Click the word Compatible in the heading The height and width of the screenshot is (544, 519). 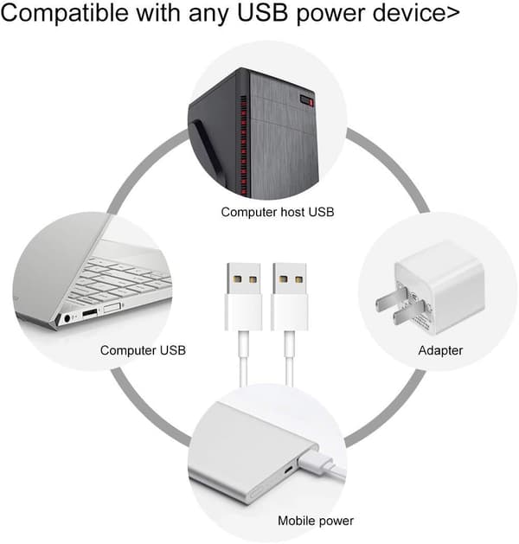tap(65, 13)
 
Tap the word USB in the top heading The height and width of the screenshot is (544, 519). tap(263, 12)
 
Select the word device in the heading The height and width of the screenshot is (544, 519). tap(407, 12)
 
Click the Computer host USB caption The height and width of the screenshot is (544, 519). tap(277, 212)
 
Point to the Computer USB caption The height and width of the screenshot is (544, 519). tap(143, 350)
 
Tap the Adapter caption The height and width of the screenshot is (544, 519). tap(440, 350)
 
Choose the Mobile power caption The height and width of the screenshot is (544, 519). tap(316, 521)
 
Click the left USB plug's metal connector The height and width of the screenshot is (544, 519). tap(244, 279)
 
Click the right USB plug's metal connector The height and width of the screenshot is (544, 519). tap(289, 279)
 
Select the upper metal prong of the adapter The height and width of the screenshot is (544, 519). tap(390, 300)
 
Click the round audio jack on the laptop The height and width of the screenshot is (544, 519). tap(67, 317)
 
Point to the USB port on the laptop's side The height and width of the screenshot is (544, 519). tap(89, 313)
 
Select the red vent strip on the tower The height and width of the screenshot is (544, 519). tap(244, 145)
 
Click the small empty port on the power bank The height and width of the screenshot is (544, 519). tap(288, 470)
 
